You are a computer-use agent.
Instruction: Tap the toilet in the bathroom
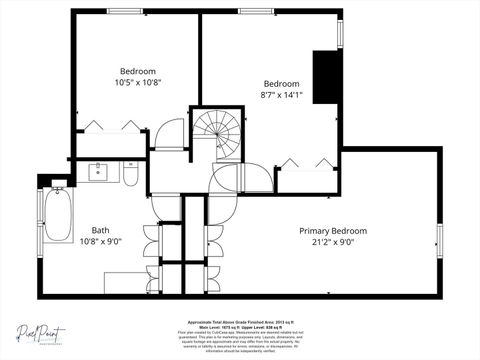coord(131,175)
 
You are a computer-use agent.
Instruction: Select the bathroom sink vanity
coord(100,171)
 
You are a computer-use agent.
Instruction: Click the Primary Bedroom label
coord(333,230)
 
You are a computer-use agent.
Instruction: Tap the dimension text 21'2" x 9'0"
coord(333,242)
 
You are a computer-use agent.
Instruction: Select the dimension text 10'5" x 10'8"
coord(138,83)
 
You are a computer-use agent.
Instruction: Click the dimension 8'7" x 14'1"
coord(281,96)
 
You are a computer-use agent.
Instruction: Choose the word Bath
coord(101,229)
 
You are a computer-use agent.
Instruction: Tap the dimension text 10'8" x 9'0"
coord(101,241)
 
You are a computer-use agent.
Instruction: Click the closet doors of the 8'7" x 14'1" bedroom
coord(310,162)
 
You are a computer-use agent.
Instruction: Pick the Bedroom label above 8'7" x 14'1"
coord(281,83)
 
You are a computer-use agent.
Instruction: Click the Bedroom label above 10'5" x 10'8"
coord(138,71)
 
